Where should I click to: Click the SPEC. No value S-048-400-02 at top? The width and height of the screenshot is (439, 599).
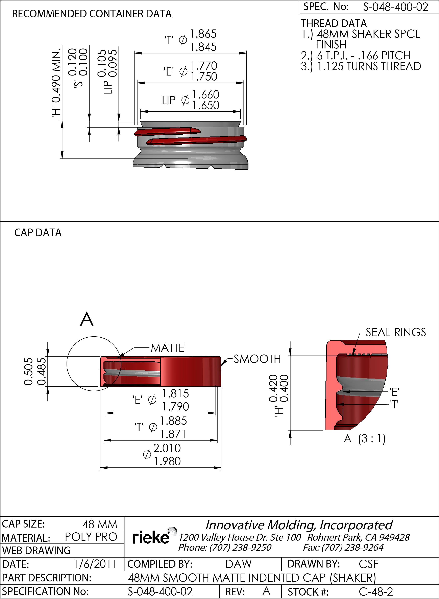[x=395, y=7]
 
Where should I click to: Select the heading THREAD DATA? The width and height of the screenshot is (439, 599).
[x=334, y=23]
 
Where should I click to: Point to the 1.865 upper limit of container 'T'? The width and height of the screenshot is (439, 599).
[x=203, y=34]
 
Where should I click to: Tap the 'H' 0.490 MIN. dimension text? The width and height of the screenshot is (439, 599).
[x=56, y=82]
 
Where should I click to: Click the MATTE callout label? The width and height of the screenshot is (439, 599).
[x=167, y=348]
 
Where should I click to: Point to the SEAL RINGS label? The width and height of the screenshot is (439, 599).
[x=395, y=333]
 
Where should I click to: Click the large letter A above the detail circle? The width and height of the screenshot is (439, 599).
[x=87, y=319]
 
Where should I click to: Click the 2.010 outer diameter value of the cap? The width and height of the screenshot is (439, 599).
[x=167, y=448]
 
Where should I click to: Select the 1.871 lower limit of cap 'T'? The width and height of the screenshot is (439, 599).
[x=173, y=434]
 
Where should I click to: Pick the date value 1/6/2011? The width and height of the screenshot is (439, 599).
[x=95, y=564]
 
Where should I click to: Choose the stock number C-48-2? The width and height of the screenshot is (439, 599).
[x=375, y=592]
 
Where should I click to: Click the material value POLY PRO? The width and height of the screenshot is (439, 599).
[x=91, y=537]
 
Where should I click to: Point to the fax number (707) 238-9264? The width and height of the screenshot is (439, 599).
[x=352, y=547]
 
